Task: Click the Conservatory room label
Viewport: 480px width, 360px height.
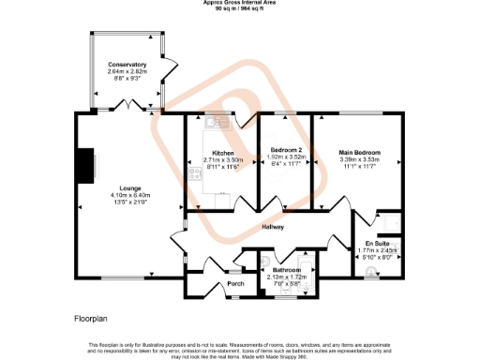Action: [x=127, y=65]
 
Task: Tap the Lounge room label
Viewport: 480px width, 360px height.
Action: [x=129, y=187]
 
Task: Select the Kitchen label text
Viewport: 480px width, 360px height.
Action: [x=223, y=153]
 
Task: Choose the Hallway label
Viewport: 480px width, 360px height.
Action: [x=273, y=227]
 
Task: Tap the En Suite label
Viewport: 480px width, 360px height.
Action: [x=377, y=244]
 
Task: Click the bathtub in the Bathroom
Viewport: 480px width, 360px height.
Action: [x=278, y=256]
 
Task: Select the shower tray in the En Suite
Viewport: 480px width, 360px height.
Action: [x=392, y=221]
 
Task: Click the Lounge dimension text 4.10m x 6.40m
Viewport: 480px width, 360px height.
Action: [x=129, y=194]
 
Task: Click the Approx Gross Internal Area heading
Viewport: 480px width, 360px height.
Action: [x=240, y=3]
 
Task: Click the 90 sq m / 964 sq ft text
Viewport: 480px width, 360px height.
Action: [x=240, y=9]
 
